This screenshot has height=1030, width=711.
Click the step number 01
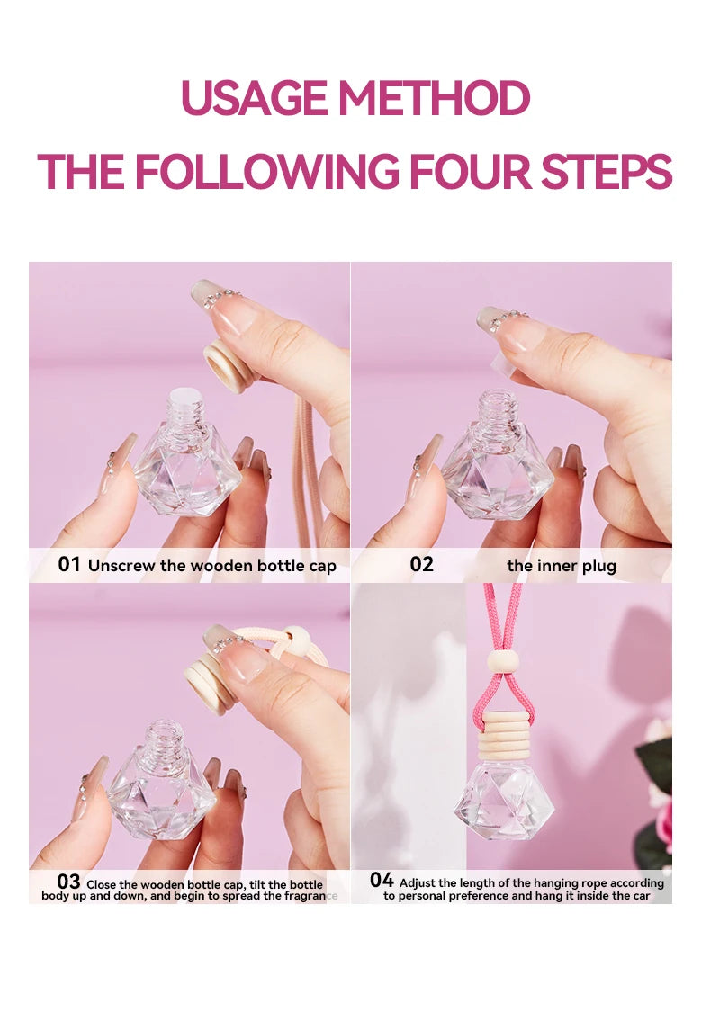pos(69,565)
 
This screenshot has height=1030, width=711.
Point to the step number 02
pos(421,565)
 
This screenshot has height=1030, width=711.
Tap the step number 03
pos(68,882)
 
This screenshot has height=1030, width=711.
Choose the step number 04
pos(382,881)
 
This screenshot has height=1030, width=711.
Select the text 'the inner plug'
pos(562,566)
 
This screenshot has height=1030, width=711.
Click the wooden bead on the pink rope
pos(503,662)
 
